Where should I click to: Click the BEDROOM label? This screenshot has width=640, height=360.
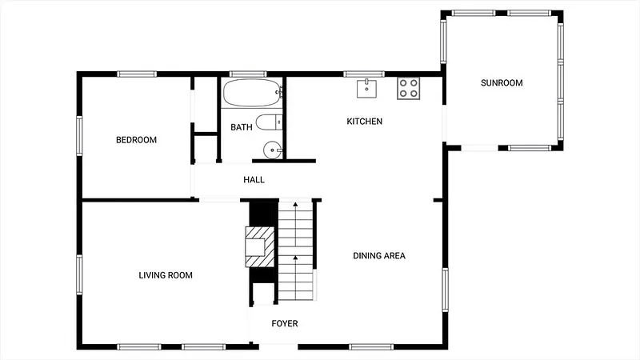point(136,140)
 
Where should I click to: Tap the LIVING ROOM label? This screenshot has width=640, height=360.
point(166,275)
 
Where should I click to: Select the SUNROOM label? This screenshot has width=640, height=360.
point(502,83)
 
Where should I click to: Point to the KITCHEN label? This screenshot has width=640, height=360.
point(365,122)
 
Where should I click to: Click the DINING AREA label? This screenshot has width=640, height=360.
point(379,255)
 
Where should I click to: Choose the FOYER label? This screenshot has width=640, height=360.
point(285,324)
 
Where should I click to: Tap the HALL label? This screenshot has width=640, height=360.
point(254,179)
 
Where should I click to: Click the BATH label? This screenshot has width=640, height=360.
point(242,127)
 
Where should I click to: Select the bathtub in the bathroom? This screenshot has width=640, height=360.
point(252,93)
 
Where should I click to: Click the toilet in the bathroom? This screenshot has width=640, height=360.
point(269,122)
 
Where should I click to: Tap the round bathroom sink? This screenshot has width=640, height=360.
point(272,150)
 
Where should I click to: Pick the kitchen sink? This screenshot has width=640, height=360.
point(366,89)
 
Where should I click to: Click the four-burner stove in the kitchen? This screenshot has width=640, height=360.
point(409,88)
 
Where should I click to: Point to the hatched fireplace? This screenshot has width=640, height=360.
point(259,247)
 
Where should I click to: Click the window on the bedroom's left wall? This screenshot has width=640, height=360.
point(79,135)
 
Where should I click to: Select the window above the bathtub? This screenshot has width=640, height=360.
point(248,74)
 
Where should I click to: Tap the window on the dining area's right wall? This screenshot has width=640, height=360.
point(446,290)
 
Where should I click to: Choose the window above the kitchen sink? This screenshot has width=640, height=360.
point(364,74)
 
